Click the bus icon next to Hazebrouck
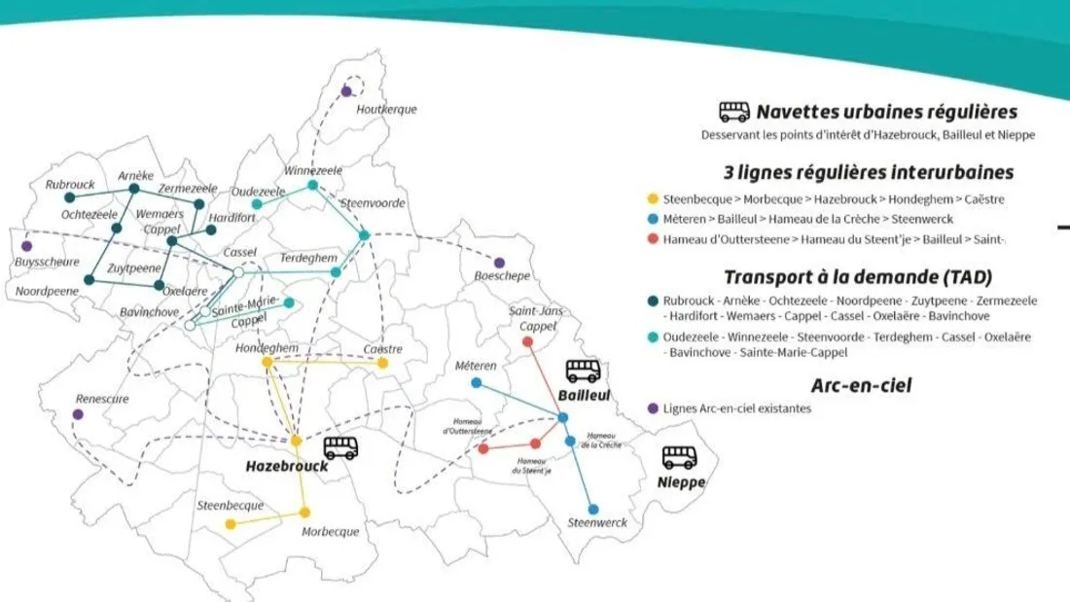point(341,447)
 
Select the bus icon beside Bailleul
point(584,371)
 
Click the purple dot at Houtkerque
point(346,91)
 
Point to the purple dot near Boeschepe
point(499,263)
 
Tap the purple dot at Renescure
point(78,414)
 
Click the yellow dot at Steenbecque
point(231,524)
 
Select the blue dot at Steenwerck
point(592,509)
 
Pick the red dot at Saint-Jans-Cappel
point(527,341)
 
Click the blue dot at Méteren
point(476,382)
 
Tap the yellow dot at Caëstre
point(382,363)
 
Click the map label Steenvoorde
point(365,203)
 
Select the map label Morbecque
point(330,532)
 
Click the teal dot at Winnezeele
point(312,185)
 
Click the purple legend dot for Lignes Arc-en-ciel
point(653,407)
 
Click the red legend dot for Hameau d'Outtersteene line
point(653,239)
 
